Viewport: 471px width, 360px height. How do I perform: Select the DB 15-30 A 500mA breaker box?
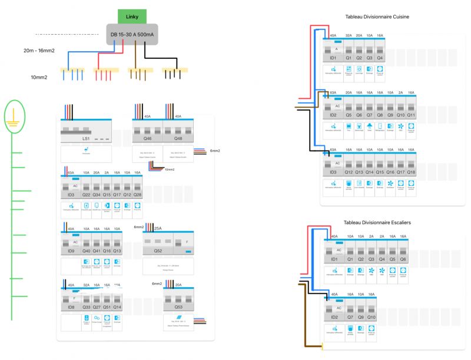pos(132,34)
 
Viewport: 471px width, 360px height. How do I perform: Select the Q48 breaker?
pos(179,139)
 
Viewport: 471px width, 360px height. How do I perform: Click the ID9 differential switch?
pos(71,251)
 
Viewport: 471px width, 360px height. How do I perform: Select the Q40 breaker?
pos(86,251)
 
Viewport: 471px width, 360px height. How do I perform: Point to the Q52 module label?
pos(158,251)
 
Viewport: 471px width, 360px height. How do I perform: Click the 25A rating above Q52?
pos(158,227)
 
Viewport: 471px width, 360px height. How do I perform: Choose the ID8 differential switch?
pos(71,306)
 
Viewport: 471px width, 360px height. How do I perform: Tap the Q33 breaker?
pos(86,306)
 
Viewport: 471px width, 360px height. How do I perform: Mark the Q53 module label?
pos(178,306)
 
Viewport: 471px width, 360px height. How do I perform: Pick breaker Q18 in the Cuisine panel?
pos(411,172)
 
